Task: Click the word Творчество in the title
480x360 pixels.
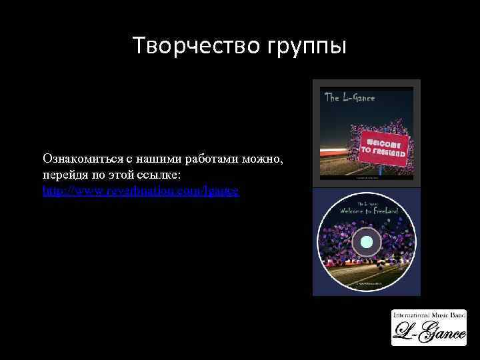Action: tap(189, 47)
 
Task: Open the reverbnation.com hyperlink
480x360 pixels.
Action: tap(141, 191)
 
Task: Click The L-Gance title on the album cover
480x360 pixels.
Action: tap(349, 98)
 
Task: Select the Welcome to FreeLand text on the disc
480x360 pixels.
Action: tap(368, 211)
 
